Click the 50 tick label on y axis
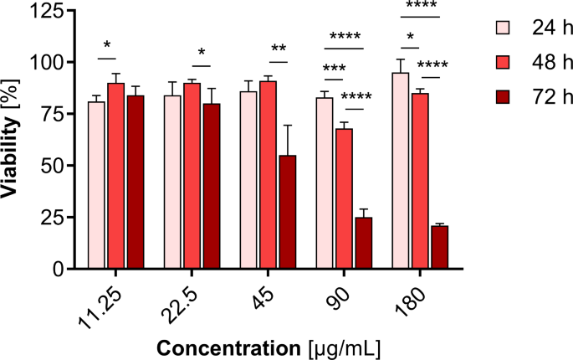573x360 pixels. click(x=54, y=166)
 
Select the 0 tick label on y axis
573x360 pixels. click(x=59, y=269)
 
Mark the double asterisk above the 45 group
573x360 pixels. click(x=279, y=49)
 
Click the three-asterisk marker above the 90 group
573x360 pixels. click(x=335, y=67)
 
